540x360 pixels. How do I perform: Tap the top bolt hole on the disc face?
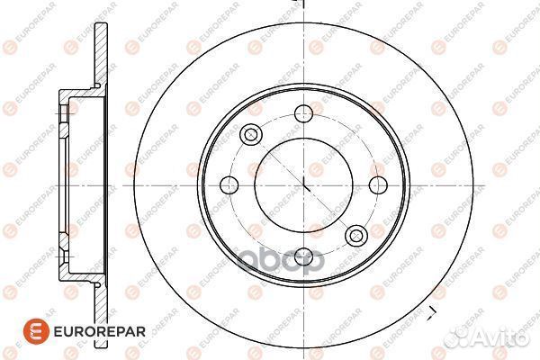coord(304,113)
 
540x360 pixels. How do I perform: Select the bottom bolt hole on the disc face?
coord(304,257)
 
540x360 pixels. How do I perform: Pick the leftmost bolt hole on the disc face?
coord(229,185)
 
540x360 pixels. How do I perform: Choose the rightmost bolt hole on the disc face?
coord(378,185)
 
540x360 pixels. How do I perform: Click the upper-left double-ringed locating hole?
coord(251,134)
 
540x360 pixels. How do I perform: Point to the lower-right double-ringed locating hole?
coord(356,236)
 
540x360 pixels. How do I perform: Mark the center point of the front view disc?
coord(304,185)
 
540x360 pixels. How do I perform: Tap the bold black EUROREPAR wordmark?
coord(100,332)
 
